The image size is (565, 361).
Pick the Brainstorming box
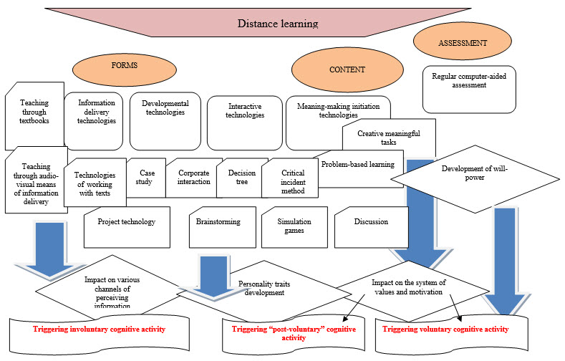218,222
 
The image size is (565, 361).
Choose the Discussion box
370,222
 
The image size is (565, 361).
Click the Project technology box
127,222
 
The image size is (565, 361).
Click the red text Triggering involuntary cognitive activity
100,329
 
